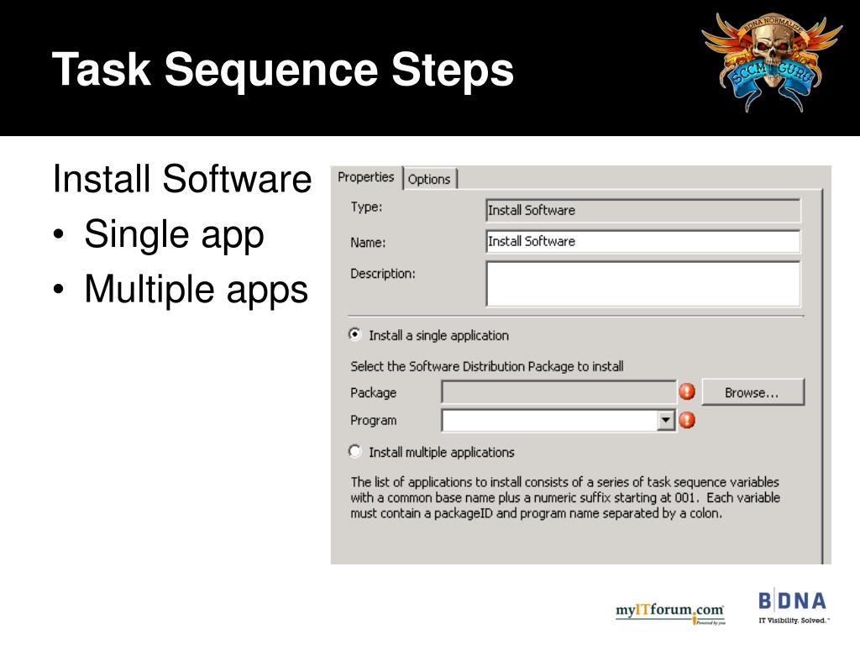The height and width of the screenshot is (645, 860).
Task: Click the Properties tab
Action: pos(365,177)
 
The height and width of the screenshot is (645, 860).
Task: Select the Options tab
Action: pos(429,179)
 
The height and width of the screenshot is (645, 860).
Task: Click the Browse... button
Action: pos(752,392)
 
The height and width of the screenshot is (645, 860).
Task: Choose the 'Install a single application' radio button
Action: pos(355,334)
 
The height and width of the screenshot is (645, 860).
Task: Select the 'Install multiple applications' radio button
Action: pos(355,452)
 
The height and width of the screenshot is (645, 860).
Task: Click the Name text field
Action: pos(642,242)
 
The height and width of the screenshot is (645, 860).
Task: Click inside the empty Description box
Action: pos(642,283)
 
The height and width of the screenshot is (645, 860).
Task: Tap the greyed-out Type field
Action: pos(642,210)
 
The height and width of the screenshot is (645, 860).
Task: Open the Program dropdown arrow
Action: pos(666,420)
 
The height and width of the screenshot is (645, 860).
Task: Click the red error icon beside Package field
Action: pos(687,392)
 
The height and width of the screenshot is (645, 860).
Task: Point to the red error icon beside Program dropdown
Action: pos(687,420)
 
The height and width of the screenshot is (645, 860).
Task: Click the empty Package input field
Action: pos(558,392)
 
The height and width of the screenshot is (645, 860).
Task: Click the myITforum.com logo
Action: pos(669,611)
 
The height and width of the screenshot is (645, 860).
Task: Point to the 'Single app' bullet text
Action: pos(174,235)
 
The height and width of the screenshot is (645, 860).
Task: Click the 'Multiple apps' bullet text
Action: pos(197,290)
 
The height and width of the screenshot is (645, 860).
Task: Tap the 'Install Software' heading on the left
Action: pos(181,180)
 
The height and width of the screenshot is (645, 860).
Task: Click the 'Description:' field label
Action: pos(382,273)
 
